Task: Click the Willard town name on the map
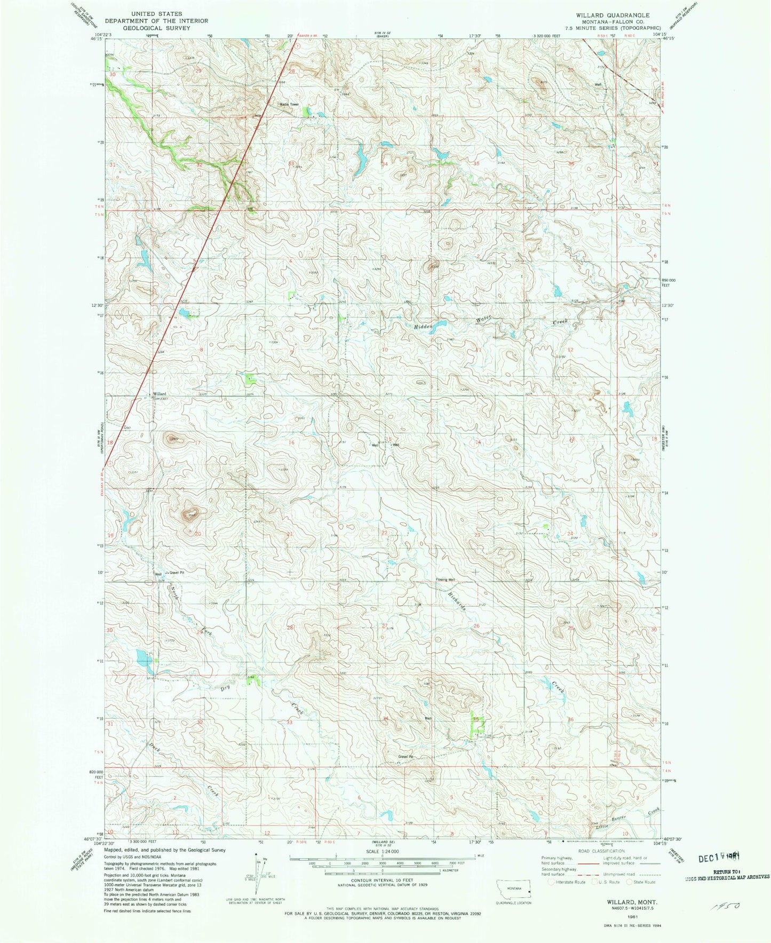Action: (x=159, y=394)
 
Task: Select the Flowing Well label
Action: (x=445, y=580)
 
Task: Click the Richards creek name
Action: (x=457, y=600)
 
